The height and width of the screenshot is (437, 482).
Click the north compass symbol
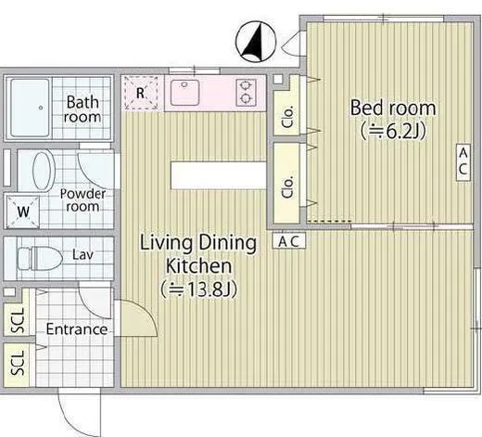[256, 42]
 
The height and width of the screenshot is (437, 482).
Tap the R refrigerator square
[141, 93]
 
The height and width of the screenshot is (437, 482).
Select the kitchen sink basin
[184, 93]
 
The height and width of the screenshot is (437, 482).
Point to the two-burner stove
[246, 92]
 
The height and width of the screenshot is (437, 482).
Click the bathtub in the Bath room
[30, 108]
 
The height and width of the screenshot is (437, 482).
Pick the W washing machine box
[23, 212]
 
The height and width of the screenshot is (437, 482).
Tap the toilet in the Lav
[40, 258]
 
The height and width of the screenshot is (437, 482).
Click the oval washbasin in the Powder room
[44, 171]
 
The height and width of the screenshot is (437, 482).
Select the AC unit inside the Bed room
[463, 162]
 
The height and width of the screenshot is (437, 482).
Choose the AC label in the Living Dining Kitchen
[289, 241]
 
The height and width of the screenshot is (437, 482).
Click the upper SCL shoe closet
[17, 320]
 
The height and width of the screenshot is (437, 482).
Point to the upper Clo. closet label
[287, 117]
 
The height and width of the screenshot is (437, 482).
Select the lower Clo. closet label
[287, 187]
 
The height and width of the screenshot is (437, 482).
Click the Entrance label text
[77, 329]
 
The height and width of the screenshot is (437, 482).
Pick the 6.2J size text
[393, 132]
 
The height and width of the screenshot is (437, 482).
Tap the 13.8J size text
[199, 289]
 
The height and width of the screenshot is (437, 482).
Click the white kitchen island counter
[219, 175]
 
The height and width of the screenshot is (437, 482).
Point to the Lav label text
[82, 255]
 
